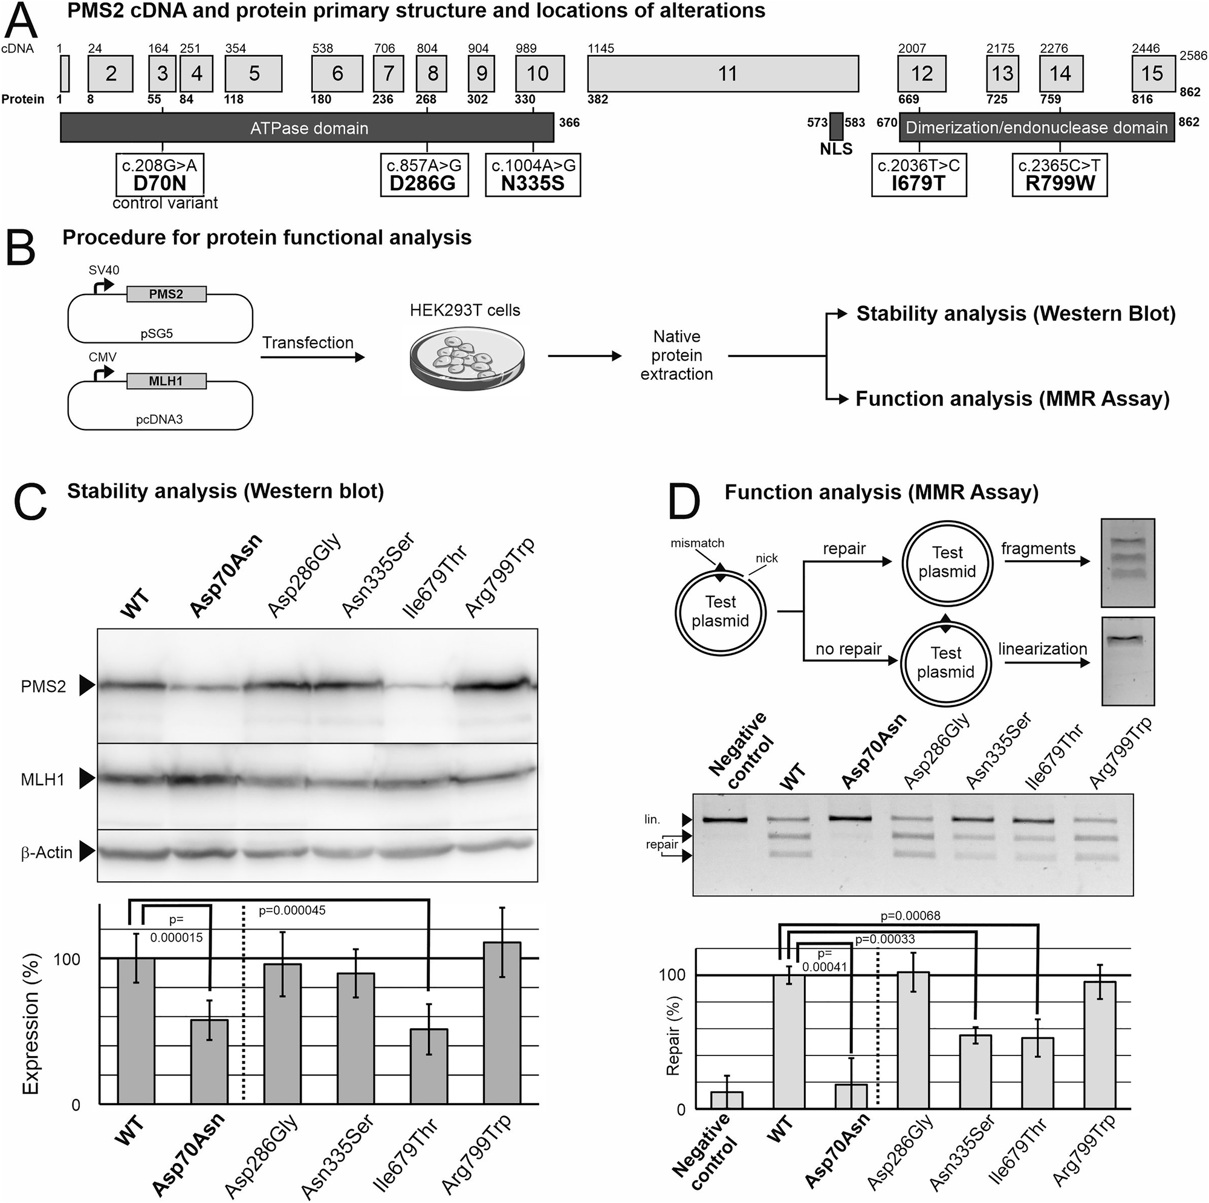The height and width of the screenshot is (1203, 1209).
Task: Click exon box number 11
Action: click(723, 74)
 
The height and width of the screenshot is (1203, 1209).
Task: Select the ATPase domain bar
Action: click(306, 128)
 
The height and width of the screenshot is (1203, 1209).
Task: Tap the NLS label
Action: click(836, 149)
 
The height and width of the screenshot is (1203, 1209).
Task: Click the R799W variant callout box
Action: click(1060, 175)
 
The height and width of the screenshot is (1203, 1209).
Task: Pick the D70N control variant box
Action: click(160, 175)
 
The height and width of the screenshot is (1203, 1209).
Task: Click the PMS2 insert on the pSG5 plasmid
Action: click(166, 294)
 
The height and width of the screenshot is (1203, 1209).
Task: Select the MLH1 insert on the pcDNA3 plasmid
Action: click(166, 381)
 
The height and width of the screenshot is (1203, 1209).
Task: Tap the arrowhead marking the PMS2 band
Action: click(86, 686)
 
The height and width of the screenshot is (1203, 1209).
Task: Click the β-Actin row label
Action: click(47, 852)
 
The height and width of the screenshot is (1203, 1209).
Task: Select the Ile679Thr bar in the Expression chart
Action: click(429, 1066)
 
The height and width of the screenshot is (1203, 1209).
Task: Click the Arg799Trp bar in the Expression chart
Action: click(502, 1023)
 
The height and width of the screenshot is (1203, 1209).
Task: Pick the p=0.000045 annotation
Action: click(292, 910)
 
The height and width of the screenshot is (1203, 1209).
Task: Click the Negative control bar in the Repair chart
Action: click(727, 1100)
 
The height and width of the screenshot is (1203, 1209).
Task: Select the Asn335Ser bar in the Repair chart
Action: click(976, 1072)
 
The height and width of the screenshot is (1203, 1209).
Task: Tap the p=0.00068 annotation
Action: click(910, 916)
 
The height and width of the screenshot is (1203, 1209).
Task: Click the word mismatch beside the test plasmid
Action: click(697, 543)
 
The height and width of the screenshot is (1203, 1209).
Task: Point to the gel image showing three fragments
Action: click(1127, 562)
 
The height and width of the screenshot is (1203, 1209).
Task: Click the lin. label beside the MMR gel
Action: click(652, 819)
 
